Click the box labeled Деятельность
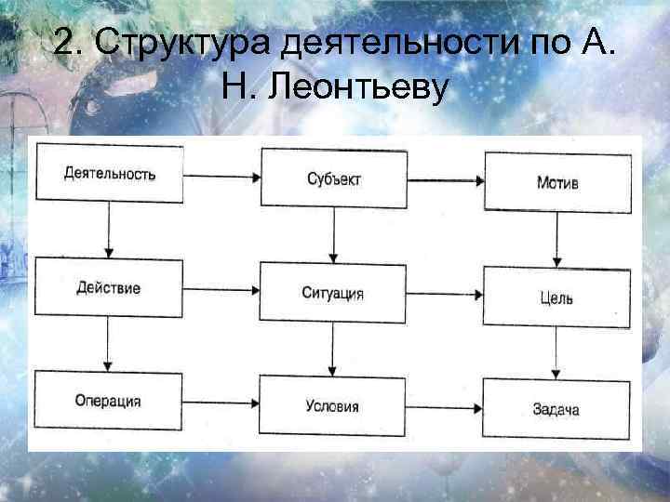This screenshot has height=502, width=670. (x=110, y=173)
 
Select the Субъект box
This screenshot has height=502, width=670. (x=333, y=178)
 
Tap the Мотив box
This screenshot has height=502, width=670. (x=557, y=181)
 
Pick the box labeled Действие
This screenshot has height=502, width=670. (x=109, y=288)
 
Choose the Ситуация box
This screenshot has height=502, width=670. (x=333, y=293)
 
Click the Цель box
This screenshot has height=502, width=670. (x=556, y=297)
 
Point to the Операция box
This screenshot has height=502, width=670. (x=109, y=402)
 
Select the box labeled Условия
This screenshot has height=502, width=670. (x=333, y=406)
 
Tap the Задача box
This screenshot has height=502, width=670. (x=556, y=409)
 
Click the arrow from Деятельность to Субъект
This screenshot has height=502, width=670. (x=221, y=175)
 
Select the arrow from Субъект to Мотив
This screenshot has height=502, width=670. (x=445, y=179)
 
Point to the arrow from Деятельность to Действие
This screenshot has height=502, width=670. (x=110, y=229)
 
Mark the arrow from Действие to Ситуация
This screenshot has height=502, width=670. (x=221, y=290)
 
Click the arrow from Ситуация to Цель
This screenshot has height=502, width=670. (x=445, y=296)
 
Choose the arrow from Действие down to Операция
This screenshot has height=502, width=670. (x=110, y=345)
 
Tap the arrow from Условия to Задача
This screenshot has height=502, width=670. (x=445, y=408)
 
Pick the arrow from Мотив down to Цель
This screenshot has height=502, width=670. (x=556, y=239)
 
